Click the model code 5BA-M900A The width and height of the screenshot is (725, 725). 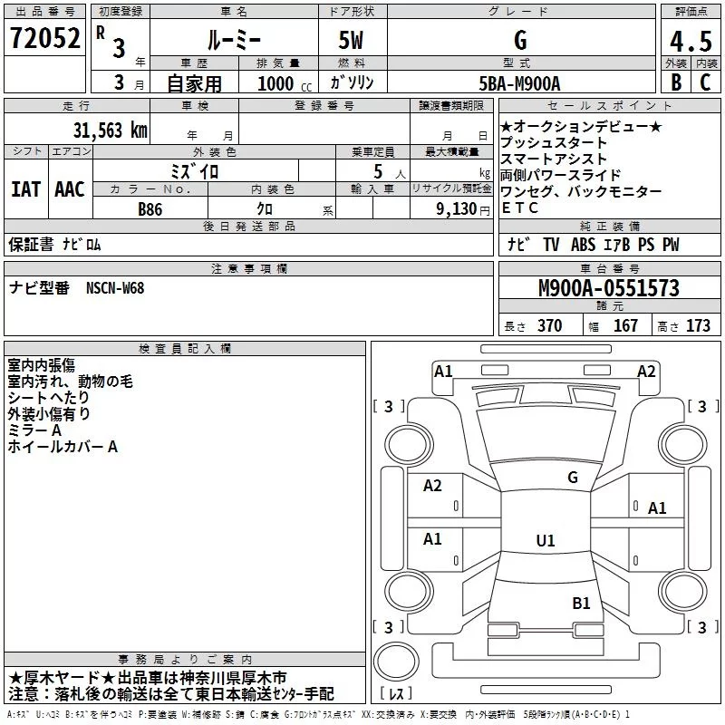tap(519, 83)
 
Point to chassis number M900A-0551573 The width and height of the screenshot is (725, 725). tap(608, 289)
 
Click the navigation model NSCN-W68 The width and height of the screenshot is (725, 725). tap(115, 288)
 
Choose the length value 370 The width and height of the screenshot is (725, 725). tap(549, 326)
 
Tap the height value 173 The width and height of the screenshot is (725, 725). tap(698, 326)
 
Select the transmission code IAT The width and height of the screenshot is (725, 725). tap(25, 189)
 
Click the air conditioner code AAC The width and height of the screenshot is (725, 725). tap(69, 189)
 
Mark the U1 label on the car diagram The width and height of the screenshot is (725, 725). tap(545, 541)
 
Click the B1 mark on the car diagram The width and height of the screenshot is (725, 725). tap(581, 603)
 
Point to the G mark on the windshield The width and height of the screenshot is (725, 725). tap(572, 478)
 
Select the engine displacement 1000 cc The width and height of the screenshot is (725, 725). tap(279, 84)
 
